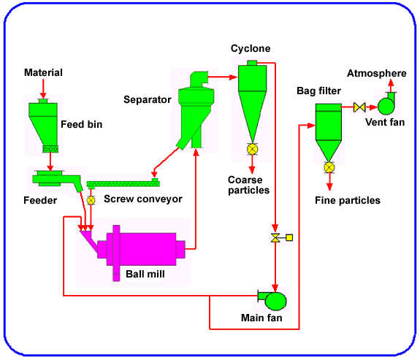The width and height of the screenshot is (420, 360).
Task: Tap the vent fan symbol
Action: pos(386,106)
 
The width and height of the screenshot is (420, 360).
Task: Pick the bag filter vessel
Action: pos(329,131)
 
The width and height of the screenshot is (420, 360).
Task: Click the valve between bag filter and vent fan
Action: pos(359,107)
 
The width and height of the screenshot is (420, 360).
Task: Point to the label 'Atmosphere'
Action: pos(376,74)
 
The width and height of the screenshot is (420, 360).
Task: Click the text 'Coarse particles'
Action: pos(248,185)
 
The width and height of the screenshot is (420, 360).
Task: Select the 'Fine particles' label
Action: pos(347,200)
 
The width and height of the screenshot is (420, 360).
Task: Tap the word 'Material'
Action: pos(43,72)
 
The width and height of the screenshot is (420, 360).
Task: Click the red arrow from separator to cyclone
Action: pos(222,76)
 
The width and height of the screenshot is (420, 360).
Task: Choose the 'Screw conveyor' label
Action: pos(142,199)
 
